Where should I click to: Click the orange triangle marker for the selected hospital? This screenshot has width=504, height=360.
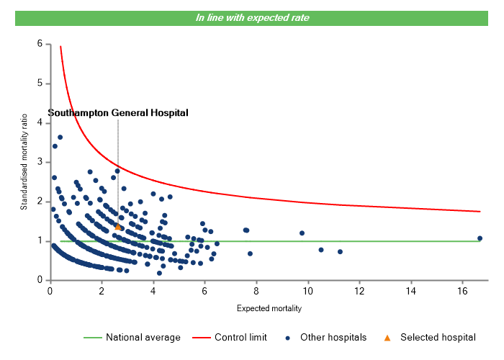118,227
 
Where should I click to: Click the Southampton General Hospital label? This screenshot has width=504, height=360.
118,113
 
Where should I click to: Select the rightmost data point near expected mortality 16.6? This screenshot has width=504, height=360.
480,238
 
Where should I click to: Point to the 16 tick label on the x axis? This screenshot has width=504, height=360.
462,291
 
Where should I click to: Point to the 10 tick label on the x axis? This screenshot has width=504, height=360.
307,291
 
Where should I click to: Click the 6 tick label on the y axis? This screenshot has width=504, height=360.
40,44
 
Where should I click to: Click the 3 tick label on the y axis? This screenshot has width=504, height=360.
40,162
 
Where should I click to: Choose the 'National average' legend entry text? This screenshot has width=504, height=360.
138,337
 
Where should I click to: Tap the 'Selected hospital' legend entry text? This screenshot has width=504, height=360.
438,337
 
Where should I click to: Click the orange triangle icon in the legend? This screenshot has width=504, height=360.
387,337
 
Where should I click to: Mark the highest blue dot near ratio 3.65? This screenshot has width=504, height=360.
60,137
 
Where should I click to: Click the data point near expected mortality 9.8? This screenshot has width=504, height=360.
302,233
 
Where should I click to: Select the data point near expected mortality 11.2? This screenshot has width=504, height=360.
340,252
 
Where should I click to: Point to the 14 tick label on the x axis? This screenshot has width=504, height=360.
410,291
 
